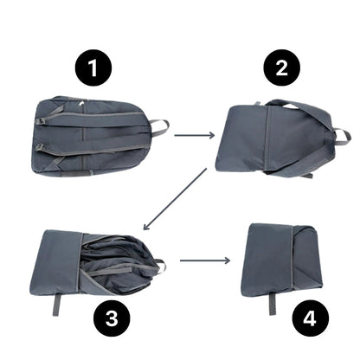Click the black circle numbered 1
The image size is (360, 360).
click(x=93, y=67)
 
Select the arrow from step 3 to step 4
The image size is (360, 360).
click(x=205, y=259)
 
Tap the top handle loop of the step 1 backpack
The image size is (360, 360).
click(x=158, y=128)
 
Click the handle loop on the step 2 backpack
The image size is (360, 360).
click(x=341, y=136)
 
